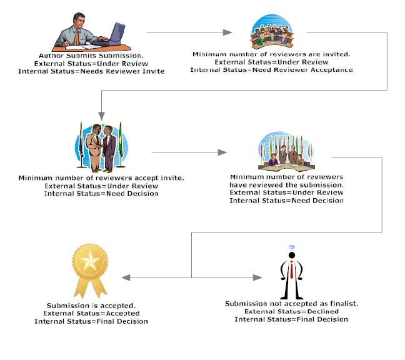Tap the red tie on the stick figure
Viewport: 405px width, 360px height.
(291, 270)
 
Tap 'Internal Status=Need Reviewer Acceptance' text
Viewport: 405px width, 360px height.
(271, 70)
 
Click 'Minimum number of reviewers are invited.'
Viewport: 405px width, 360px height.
(271, 54)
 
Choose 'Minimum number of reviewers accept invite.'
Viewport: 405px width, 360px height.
(101, 177)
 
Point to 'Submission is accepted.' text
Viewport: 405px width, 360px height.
(91, 306)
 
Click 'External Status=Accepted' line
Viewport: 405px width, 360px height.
(91, 313)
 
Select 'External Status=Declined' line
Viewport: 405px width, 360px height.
(291, 311)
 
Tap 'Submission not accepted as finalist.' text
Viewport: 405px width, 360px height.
(291, 304)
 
